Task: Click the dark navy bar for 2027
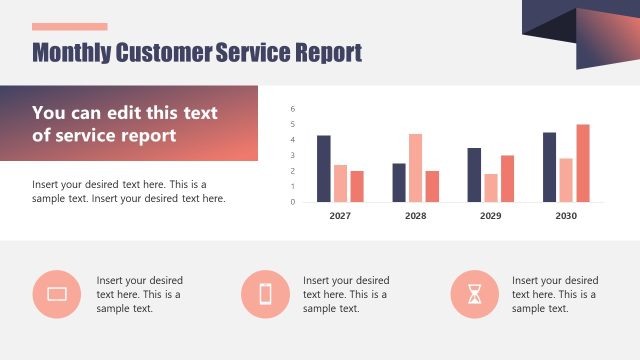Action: coord(323,168)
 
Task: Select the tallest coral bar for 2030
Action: coord(583,163)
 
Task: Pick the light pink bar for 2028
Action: coord(415,168)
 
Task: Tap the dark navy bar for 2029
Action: coord(474,175)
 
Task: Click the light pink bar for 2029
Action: coord(490,188)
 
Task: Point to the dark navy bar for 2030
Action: coord(549,167)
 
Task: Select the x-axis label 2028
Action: coord(415,216)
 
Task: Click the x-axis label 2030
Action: coord(566,216)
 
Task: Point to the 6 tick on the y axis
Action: coord(293,108)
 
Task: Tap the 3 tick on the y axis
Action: coord(293,155)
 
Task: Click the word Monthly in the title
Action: coord(72,53)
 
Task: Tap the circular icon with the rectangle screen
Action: coord(57,293)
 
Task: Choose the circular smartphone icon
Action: coord(265,293)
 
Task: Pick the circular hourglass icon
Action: coord(474,293)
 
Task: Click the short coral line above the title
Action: coord(69,27)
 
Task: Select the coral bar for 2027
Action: coord(357,186)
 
